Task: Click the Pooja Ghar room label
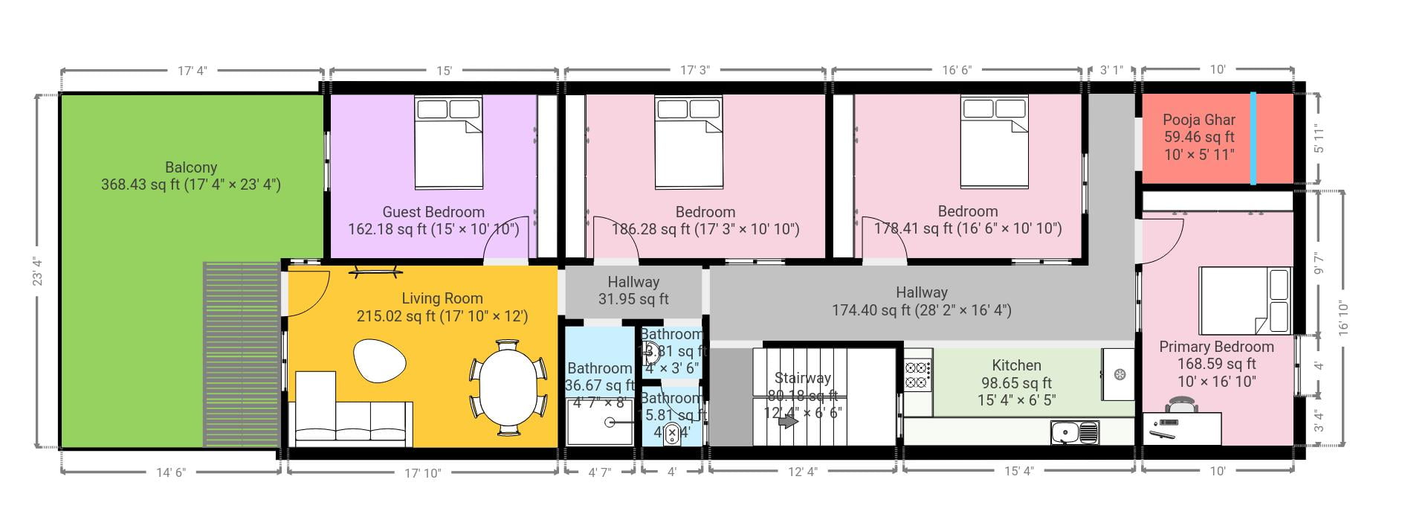(x=1198, y=120)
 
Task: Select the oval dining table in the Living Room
(x=508, y=387)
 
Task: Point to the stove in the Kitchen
(x=918, y=374)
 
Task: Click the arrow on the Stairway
(x=787, y=422)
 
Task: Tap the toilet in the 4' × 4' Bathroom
(x=672, y=433)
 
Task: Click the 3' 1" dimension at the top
(x=1111, y=70)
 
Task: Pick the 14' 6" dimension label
(x=170, y=472)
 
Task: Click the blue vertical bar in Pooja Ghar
(x=1253, y=138)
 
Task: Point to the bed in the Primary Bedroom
(x=1245, y=301)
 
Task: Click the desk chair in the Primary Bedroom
(x=1181, y=405)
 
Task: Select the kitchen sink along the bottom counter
(x=1074, y=431)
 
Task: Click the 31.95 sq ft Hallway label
(x=633, y=299)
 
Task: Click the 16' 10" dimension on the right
(x=1343, y=318)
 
